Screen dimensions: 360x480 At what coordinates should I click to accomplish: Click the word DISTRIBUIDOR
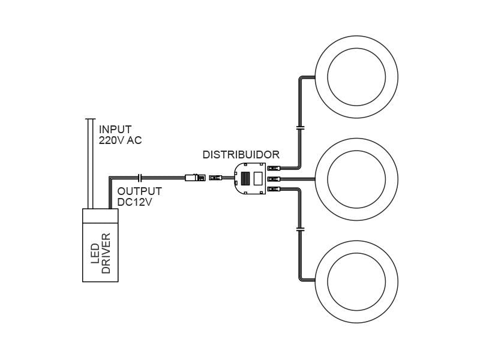click(241, 155)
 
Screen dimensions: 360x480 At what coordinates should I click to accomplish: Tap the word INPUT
click(115, 130)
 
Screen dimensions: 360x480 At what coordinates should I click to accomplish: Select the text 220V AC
click(120, 140)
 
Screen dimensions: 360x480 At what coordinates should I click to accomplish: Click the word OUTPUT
click(139, 191)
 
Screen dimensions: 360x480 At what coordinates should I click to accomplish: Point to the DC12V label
click(134, 202)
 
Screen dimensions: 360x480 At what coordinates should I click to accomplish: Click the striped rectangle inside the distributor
click(245, 178)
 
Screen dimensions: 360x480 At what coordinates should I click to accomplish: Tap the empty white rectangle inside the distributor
click(259, 178)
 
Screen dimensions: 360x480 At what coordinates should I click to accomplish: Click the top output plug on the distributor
click(274, 169)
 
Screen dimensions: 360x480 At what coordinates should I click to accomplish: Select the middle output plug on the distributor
click(274, 179)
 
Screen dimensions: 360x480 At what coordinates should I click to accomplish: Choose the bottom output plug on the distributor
click(274, 189)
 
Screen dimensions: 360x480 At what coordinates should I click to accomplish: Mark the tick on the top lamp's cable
click(300, 128)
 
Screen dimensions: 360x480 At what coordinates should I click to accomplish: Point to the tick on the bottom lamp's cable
click(300, 229)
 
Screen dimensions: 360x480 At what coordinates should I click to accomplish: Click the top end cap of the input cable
click(91, 119)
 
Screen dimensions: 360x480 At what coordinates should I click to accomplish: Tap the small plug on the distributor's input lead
click(215, 178)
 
